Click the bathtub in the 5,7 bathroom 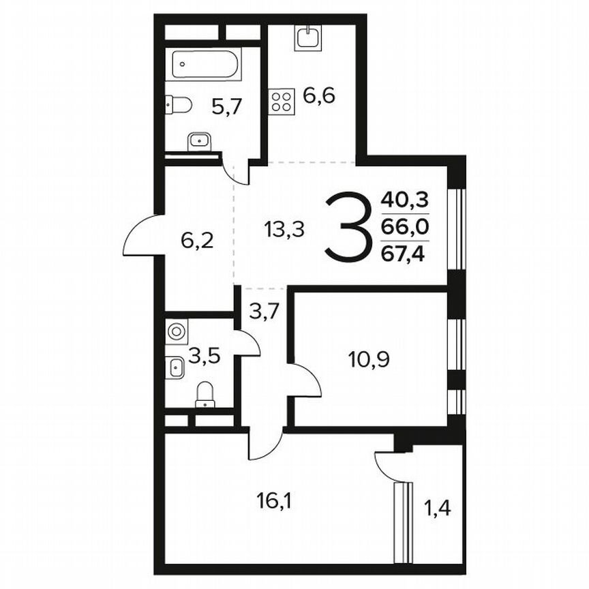click(205, 65)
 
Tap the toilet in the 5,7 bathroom click(179, 104)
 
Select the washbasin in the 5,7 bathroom click(200, 140)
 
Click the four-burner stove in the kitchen click(280, 102)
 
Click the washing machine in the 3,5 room click(176, 332)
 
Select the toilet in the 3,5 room click(205, 395)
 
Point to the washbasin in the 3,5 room click(175, 369)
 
